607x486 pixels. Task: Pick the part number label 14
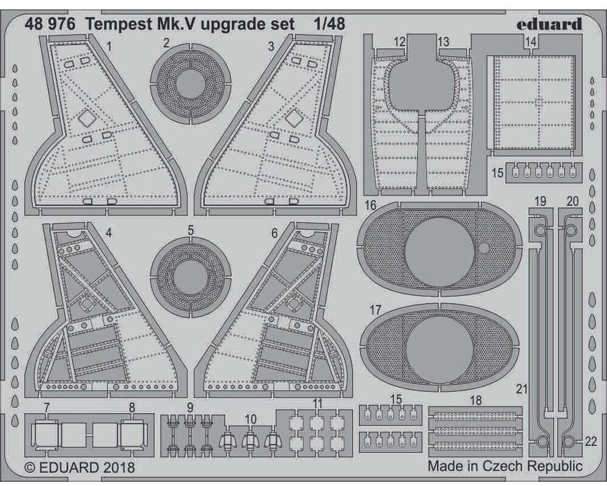(531, 42)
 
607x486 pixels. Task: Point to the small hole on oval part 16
(484, 248)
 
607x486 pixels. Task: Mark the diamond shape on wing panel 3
(294, 118)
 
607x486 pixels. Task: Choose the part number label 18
(476, 400)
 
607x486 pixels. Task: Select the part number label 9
(190, 407)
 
